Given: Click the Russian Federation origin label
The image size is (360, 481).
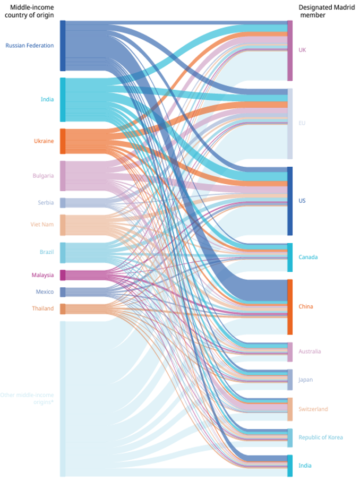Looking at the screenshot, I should pyautogui.click(x=30, y=46).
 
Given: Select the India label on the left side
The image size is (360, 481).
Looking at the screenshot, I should pyautogui.click(x=47, y=99).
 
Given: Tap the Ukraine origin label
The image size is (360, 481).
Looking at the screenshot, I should pyautogui.click(x=44, y=141).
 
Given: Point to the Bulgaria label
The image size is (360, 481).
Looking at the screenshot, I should pyautogui.click(x=42, y=176).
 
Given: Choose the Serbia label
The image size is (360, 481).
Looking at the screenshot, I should pyautogui.click(x=46, y=203).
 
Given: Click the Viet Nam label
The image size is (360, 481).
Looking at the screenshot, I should pyautogui.click(x=42, y=225).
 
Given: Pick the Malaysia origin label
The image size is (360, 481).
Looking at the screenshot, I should pyautogui.click(x=42, y=275).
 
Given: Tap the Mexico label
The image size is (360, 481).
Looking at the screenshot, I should pyautogui.click(x=45, y=292).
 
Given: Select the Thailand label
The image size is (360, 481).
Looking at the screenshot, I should pyautogui.click(x=42, y=308).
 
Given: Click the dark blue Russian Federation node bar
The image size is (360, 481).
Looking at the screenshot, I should pyautogui.click(x=63, y=46).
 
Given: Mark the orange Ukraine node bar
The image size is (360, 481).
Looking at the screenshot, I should pyautogui.click(x=63, y=141).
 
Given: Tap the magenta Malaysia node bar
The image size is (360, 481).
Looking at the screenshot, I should pyautogui.click(x=63, y=275).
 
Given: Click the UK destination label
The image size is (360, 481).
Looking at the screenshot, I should pyautogui.click(x=302, y=50).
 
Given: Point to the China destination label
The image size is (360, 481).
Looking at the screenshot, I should pyautogui.click(x=305, y=307).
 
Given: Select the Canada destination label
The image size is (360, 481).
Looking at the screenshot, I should pyautogui.click(x=308, y=257).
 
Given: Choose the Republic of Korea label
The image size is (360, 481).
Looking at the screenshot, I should pyautogui.click(x=320, y=437).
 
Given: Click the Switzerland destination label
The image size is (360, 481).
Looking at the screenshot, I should pyautogui.click(x=313, y=409).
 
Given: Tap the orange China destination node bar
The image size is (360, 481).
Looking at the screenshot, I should pyautogui.click(x=290, y=307).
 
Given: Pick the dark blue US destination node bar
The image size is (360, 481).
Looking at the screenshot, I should pyautogui.click(x=290, y=201).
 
